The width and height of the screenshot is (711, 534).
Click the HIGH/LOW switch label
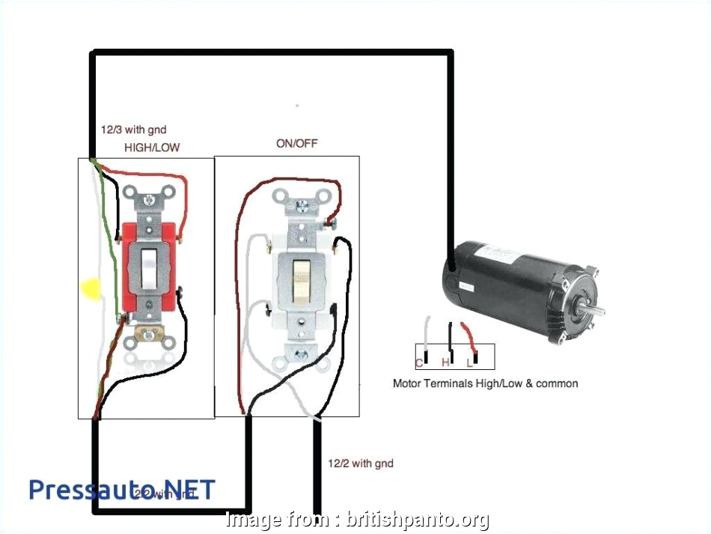pyautogui.click(x=152, y=148)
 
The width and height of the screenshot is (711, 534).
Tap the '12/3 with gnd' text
pyautogui.click(x=133, y=130)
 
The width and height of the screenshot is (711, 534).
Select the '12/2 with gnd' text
pyautogui.click(x=360, y=464)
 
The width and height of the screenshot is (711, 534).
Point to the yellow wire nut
pyautogui.click(x=90, y=288)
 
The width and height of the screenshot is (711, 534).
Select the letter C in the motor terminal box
pyautogui.click(x=420, y=363)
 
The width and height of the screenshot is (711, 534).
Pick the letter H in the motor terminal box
pyautogui.click(x=445, y=363)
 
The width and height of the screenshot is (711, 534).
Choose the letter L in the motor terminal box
pyautogui.click(x=469, y=363)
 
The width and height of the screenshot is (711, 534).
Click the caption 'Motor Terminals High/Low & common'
pyautogui.click(x=485, y=383)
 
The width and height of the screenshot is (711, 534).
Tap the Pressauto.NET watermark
pyautogui.click(x=121, y=490)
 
